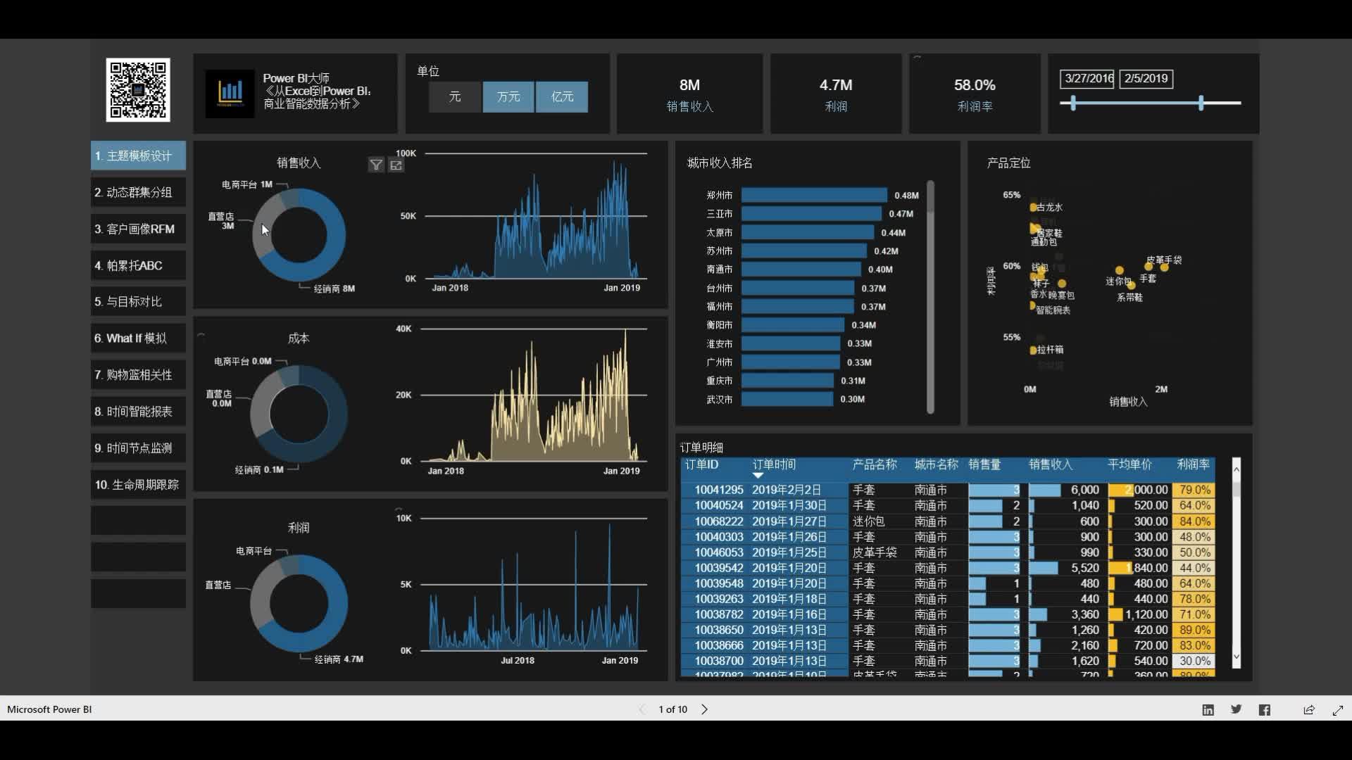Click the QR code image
[138, 90]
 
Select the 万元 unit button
[508, 96]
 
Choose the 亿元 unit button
[562, 96]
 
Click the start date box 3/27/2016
[1087, 79]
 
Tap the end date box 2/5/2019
[1146, 79]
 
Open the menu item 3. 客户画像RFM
[138, 229]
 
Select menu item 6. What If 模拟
[138, 338]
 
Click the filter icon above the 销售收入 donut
[376, 165]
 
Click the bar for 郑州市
[813, 195]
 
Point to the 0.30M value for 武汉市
[852, 399]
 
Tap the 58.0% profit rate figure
[975, 85]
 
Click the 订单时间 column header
[774, 464]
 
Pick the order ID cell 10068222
[718, 521]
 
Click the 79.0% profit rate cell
[1194, 490]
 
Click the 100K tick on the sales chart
[406, 153]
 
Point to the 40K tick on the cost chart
[403, 329]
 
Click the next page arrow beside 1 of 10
[704, 709]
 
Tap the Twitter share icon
[1236, 709]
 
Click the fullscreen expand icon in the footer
[1337, 710]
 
